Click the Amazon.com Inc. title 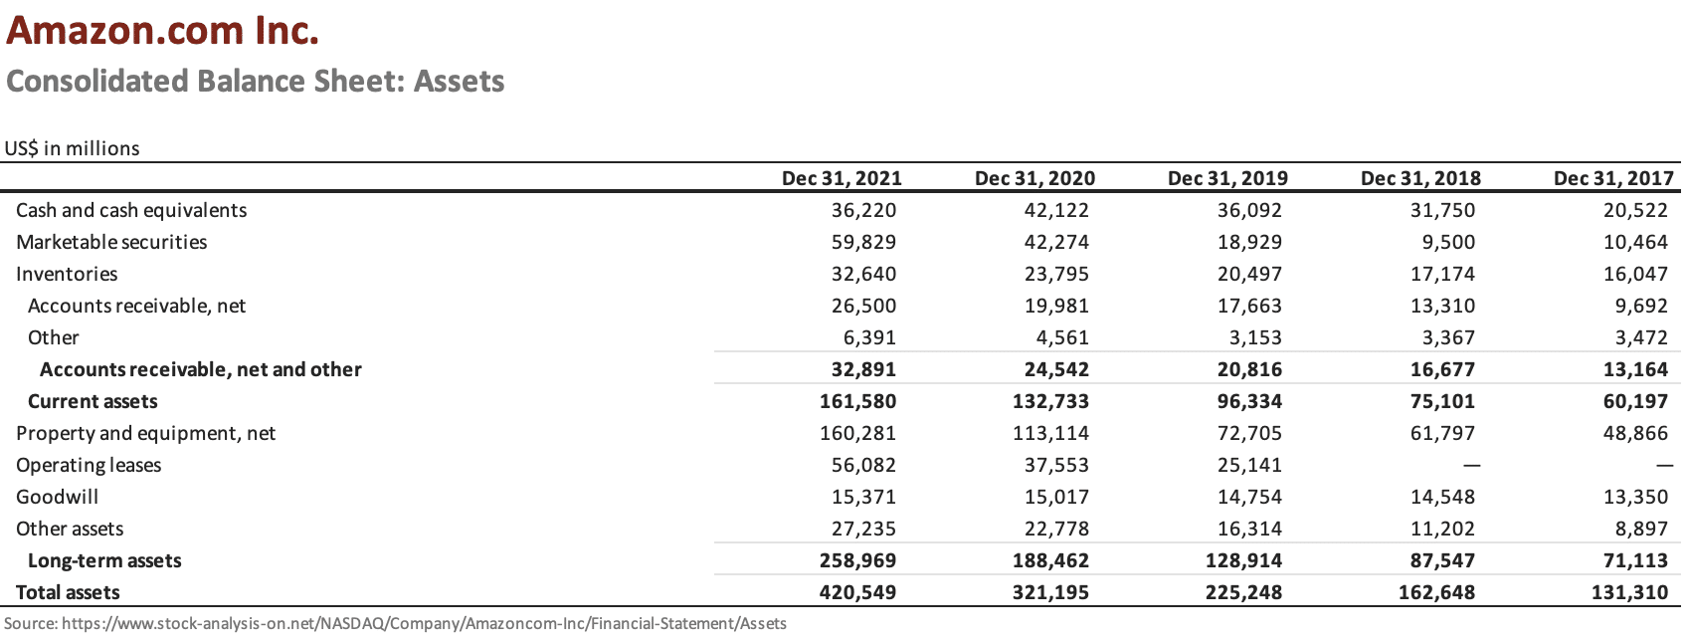163,31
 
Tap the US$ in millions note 72,148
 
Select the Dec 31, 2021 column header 842,178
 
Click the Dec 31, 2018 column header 1420,178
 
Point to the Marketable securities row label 111,242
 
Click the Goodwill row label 57,497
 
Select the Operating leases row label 89,465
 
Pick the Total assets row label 68,592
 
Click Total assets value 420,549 857,592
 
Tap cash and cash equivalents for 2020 1056,210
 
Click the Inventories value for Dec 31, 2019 1249,274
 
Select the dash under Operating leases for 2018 1471,465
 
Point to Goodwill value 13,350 1635,497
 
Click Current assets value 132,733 1050,401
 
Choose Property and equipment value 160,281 857,433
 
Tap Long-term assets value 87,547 1442,560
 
